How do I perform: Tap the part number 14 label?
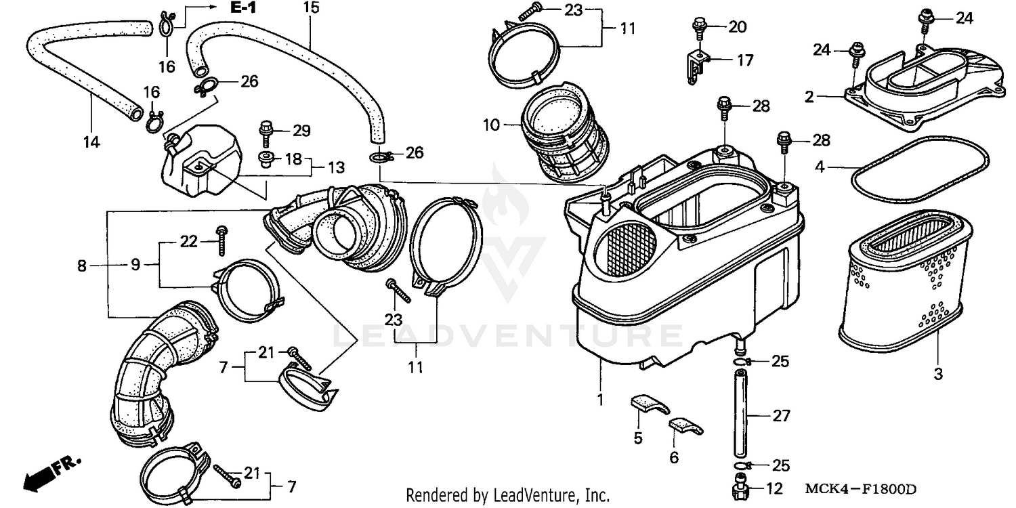coord(91,142)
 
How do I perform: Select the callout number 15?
coord(310,8)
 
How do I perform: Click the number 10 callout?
coord(491,125)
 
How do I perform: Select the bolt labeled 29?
coord(266,131)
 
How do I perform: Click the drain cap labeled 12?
coord(740,488)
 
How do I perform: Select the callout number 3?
coord(938,373)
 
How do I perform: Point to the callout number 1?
coord(599,400)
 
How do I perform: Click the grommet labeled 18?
coord(266,159)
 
